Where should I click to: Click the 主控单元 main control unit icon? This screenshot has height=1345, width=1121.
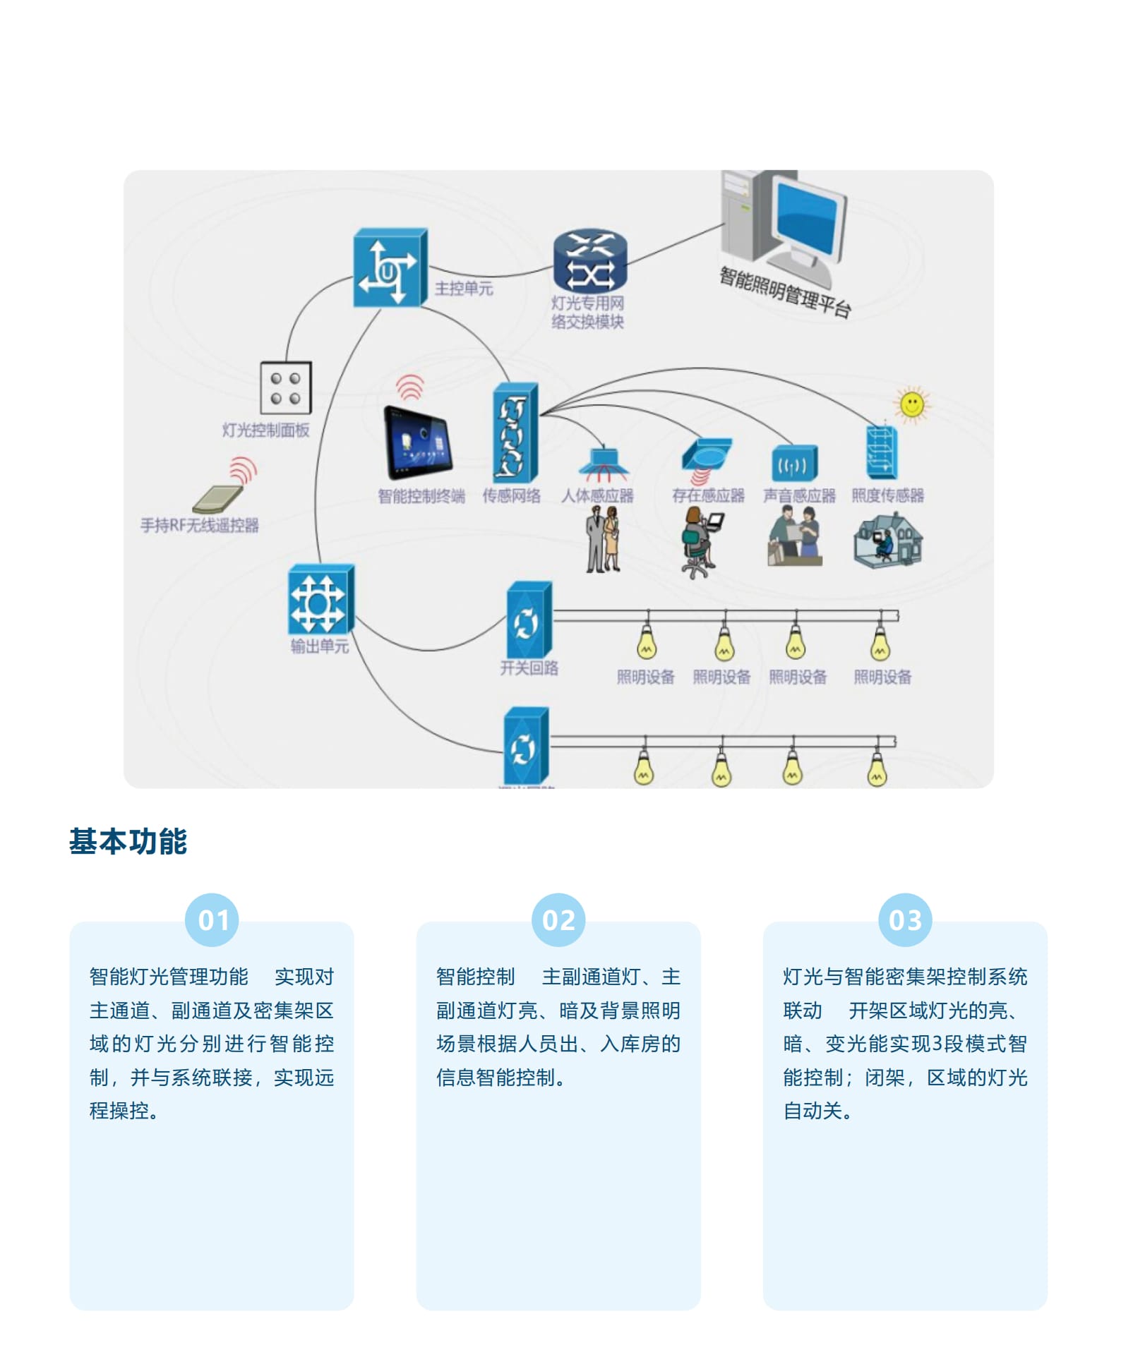(x=390, y=267)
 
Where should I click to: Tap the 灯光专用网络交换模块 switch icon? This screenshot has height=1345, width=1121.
(x=590, y=261)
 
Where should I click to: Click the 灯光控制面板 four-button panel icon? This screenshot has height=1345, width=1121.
(x=285, y=388)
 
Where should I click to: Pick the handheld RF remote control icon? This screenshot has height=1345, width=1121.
(x=219, y=498)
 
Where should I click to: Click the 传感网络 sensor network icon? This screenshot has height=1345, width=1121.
(x=515, y=433)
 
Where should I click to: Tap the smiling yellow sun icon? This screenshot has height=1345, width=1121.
(x=912, y=405)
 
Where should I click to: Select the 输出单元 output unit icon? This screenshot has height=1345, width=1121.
(x=320, y=601)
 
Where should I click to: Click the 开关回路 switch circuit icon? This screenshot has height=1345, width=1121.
(x=529, y=620)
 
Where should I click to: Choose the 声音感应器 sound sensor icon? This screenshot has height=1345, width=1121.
(x=793, y=464)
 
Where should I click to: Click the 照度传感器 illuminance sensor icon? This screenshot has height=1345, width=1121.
(x=882, y=452)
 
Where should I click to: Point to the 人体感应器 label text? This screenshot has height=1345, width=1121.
(x=597, y=495)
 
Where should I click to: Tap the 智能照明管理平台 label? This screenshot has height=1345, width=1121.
(x=785, y=291)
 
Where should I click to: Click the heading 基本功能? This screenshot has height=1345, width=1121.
(x=128, y=841)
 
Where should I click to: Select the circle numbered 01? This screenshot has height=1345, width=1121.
(x=212, y=920)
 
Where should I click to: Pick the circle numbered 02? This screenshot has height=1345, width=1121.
(x=558, y=920)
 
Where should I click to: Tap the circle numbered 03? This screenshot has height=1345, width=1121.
(x=905, y=920)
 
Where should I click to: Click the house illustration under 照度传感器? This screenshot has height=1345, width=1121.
(x=888, y=541)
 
